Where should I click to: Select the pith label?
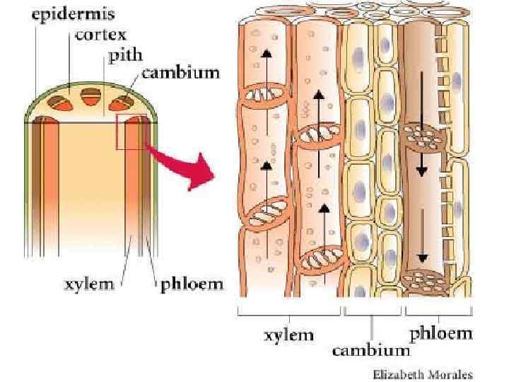coord(124,55)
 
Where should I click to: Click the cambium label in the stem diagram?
coord(180,72)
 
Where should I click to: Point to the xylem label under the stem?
coord(89,284)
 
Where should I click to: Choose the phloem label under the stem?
coord(189,284)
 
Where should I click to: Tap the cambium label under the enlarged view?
coord(370,349)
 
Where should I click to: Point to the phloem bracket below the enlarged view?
coord(440,312)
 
